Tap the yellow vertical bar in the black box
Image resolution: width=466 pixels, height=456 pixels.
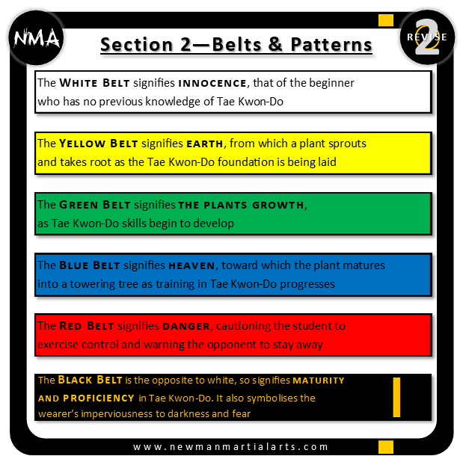pos(396,396)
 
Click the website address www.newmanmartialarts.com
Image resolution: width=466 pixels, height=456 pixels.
pos(230,446)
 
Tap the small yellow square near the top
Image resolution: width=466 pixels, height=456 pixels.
pos(386,19)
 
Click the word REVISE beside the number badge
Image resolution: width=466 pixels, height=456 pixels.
pos(428,37)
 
